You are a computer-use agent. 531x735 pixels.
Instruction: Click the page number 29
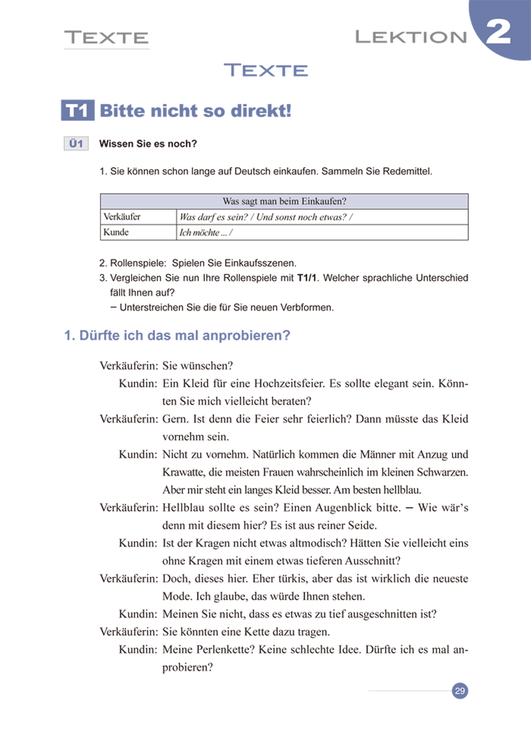click(x=460, y=691)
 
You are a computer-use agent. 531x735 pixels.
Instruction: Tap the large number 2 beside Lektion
click(x=499, y=33)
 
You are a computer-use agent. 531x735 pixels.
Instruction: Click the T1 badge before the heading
click(x=78, y=110)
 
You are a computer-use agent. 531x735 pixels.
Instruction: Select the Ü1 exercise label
click(x=76, y=143)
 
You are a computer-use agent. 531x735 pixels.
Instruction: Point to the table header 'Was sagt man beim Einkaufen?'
click(x=284, y=201)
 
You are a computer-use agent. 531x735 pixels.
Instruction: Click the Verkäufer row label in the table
click(x=122, y=217)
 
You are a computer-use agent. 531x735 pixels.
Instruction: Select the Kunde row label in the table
click(x=116, y=232)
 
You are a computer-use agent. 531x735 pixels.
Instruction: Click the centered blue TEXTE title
click(x=266, y=70)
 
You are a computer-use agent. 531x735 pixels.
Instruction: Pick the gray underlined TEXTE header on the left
click(x=106, y=38)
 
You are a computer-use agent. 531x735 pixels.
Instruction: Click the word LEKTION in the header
click(x=411, y=38)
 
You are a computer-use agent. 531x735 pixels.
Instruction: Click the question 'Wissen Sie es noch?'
click(x=148, y=143)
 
